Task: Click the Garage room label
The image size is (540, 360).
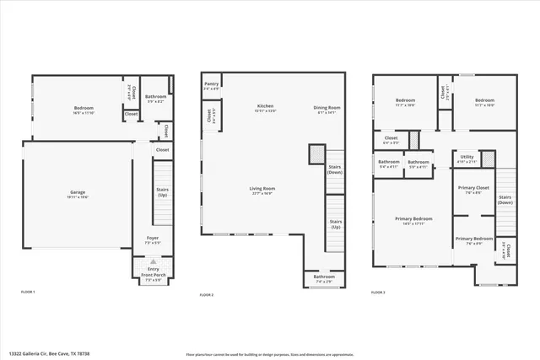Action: [77, 192]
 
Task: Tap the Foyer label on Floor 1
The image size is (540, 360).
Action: [153, 238]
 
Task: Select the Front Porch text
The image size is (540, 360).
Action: [153, 276]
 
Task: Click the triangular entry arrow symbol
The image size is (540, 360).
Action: [153, 262]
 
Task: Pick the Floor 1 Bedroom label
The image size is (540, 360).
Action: [83, 108]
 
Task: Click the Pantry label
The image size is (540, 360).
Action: [212, 83]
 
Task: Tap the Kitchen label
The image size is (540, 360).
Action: [266, 107]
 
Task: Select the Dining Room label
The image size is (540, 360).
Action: [327, 107]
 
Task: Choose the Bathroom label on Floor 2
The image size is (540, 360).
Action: [324, 277]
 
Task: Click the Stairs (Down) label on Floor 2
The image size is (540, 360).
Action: [335, 169]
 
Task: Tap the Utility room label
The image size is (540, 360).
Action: [466, 156]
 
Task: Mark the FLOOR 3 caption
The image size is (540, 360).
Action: [378, 292]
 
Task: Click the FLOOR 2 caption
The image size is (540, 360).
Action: [207, 295]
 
